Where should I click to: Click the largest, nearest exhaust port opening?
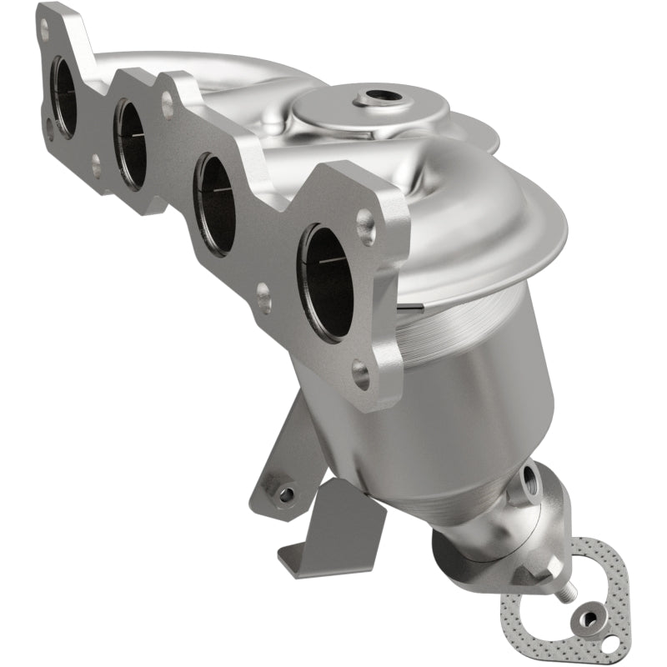tap(327, 282)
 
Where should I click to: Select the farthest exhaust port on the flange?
tap(63, 96)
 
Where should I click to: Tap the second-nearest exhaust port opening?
tap(215, 204)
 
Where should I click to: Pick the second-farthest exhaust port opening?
tap(129, 143)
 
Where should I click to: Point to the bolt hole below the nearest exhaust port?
tap(360, 374)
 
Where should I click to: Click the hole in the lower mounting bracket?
tap(286, 494)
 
